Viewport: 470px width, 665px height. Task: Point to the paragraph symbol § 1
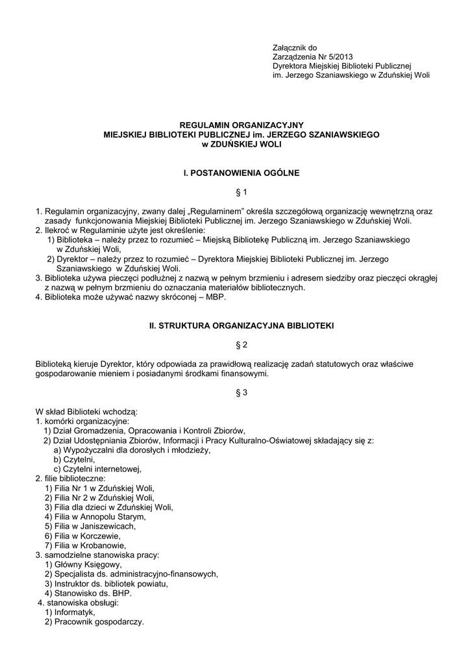(236, 192)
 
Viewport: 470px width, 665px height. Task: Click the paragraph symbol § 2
(236, 343)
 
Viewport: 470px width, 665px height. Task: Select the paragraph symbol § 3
(236, 393)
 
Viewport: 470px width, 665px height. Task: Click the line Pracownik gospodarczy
(98, 621)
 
